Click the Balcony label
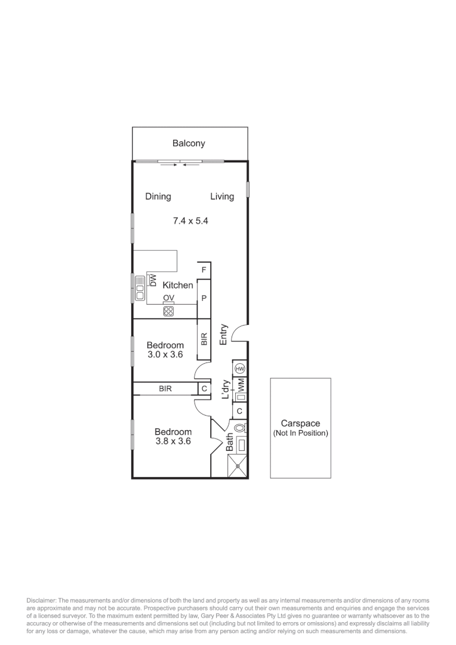(x=189, y=143)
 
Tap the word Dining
(x=158, y=196)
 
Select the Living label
(x=222, y=196)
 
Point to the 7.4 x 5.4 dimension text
(x=190, y=221)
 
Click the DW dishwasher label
(x=152, y=279)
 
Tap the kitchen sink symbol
(x=140, y=288)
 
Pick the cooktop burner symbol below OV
(x=168, y=311)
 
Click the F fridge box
(x=204, y=271)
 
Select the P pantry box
(x=204, y=298)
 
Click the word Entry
(x=224, y=334)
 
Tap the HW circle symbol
(x=240, y=368)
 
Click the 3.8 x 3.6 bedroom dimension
(x=172, y=442)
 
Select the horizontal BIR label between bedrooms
(x=165, y=389)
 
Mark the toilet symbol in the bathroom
(x=240, y=428)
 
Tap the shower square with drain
(x=238, y=466)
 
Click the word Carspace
(x=300, y=423)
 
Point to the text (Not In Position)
(x=300, y=433)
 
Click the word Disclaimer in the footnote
(x=41, y=600)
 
